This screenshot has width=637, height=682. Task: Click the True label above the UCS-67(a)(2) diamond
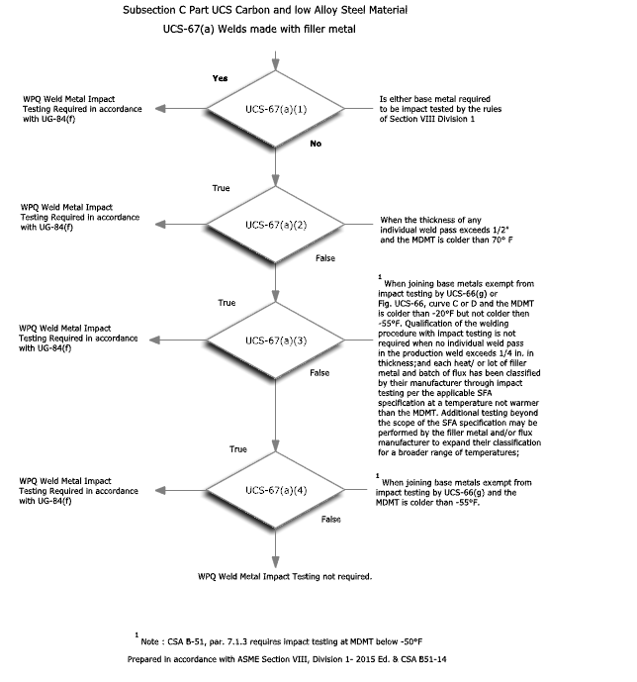coord(222,187)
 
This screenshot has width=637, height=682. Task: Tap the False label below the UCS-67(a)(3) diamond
coord(319,373)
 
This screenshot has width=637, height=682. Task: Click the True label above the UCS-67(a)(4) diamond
coord(238,449)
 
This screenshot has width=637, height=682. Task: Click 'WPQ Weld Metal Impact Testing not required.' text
coord(285,576)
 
